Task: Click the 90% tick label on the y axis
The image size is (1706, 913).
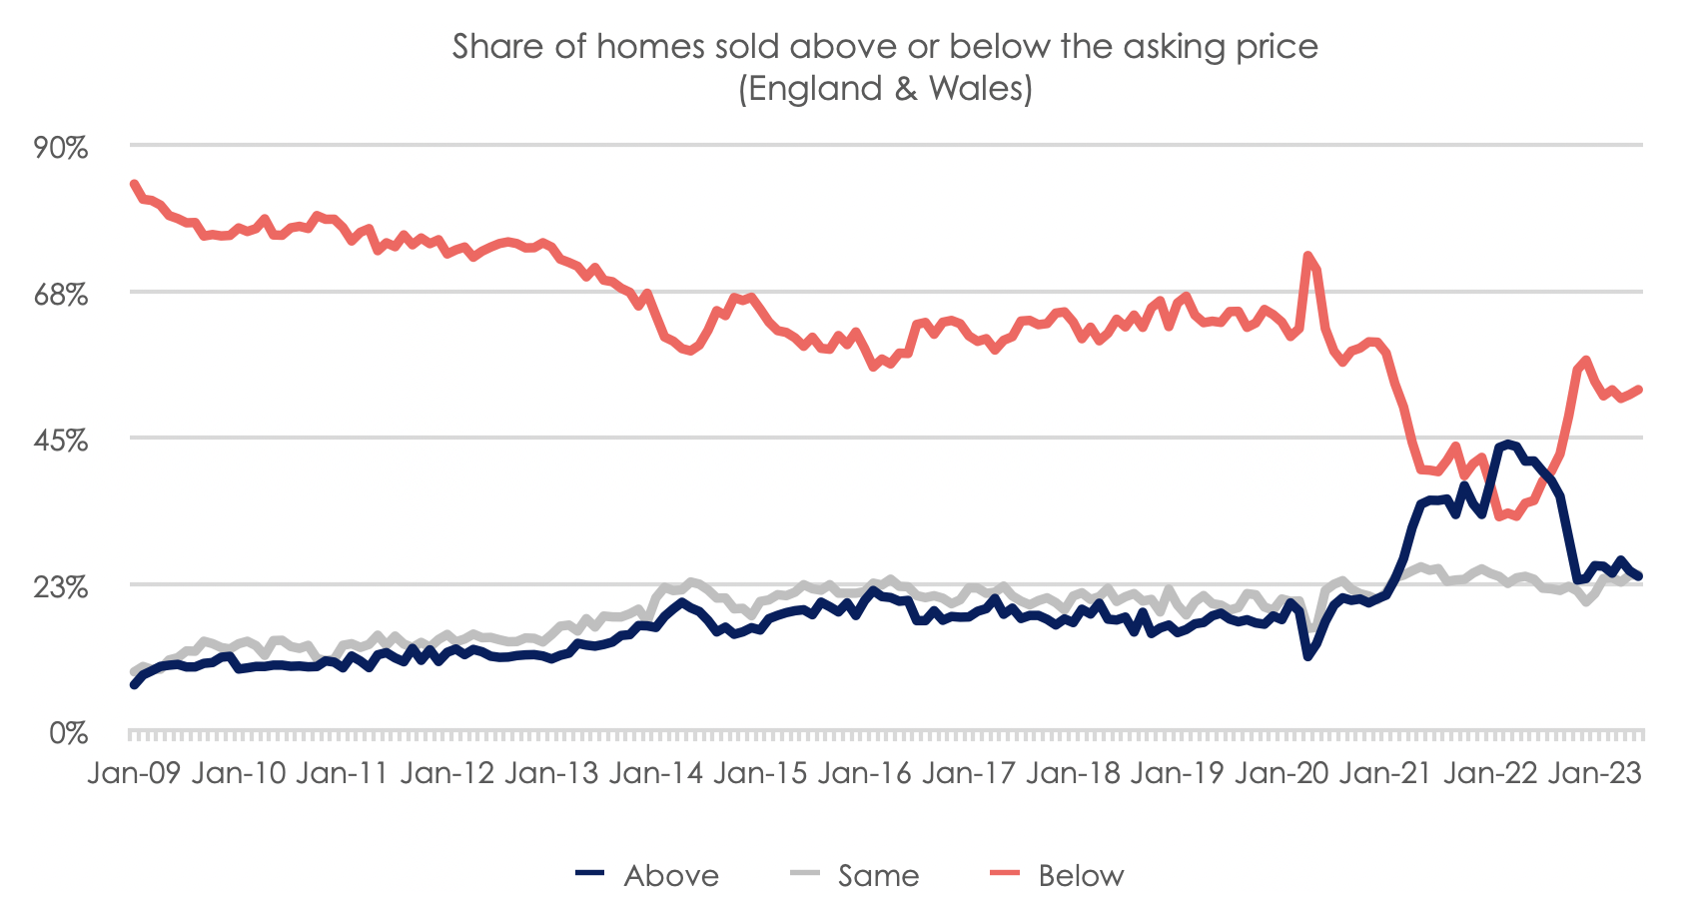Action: [62, 147]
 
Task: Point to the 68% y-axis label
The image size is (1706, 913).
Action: [62, 294]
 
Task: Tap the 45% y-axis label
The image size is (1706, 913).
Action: [62, 441]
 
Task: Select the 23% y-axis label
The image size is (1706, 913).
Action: [62, 586]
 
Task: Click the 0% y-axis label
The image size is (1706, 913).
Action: [69, 733]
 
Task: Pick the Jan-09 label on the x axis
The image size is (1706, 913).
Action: [134, 773]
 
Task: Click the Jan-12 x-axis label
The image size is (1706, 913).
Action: [446, 773]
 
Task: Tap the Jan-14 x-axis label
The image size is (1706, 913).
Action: [656, 773]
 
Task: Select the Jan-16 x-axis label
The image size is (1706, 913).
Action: [865, 773]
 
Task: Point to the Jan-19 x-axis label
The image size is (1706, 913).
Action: [1177, 773]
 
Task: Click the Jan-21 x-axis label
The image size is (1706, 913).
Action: [1385, 773]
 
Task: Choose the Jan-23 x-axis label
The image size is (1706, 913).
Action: [1594, 773]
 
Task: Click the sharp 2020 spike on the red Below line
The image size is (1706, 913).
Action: [1307, 256]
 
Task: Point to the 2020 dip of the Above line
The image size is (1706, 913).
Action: [1307, 656]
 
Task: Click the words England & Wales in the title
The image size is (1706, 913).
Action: [885, 89]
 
